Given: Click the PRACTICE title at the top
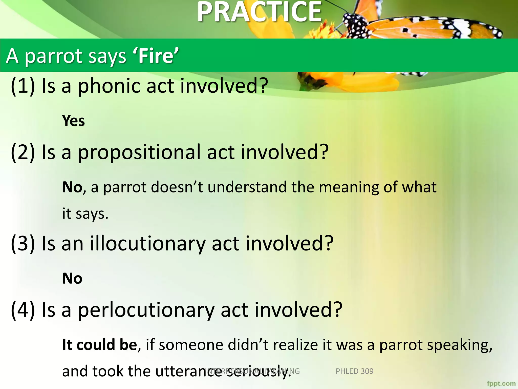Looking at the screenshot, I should coord(259,12).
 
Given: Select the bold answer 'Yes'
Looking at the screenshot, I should coord(73,121).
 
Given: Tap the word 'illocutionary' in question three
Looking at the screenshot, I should coord(148,244).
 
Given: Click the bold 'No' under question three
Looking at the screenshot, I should coord(72,279).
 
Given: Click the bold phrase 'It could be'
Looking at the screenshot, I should coord(99,345).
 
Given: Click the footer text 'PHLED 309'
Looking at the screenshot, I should coord(354,371).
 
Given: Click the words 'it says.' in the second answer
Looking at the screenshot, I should coord(85,214).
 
